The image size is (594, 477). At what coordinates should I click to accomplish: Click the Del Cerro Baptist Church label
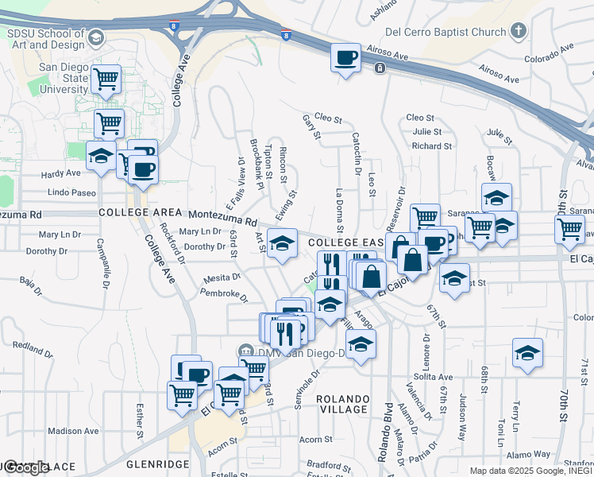[x=445, y=32]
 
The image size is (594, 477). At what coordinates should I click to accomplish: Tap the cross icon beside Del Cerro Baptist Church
[x=519, y=31]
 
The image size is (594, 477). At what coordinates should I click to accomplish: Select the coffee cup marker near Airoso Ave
[x=345, y=59]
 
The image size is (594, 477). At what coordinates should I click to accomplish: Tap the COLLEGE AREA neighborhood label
[x=135, y=214]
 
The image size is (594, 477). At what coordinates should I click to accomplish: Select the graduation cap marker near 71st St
[x=528, y=353]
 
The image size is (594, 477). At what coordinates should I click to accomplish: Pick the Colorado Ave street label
[x=549, y=53]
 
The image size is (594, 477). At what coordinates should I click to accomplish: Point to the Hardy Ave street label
[x=62, y=173]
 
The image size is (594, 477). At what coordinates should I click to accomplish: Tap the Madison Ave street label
[x=73, y=431]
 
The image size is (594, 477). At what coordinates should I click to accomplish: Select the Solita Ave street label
[x=435, y=376]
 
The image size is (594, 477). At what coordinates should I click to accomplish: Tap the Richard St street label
[x=431, y=146]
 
